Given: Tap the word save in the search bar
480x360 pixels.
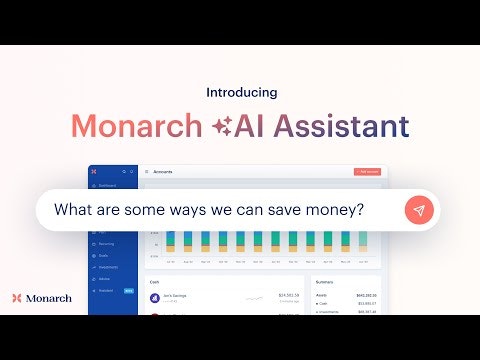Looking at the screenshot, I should [273, 211].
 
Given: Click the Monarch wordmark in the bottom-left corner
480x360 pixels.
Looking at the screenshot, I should [49, 297].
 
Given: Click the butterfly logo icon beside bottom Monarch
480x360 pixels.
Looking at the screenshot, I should [17, 297].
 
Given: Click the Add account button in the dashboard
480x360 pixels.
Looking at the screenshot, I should [367, 172].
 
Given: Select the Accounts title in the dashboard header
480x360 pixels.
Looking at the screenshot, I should [163, 172].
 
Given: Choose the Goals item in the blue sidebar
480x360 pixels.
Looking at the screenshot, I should [103, 256].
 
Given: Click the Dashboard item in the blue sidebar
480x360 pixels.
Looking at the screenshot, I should [108, 185].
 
